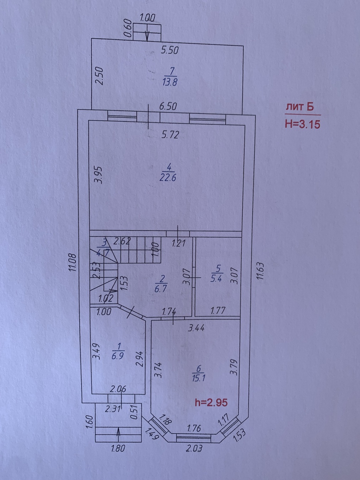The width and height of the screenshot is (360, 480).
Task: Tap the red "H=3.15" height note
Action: pos(303,124)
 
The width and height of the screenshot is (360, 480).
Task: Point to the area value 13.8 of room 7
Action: pos(170,82)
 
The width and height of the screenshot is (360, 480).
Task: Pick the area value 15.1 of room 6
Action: pos(198,378)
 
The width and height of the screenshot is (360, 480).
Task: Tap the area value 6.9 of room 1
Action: pos(118,356)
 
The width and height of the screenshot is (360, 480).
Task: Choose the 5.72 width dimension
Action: pos(170,135)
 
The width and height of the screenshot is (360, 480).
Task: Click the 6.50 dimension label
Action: pos(168,107)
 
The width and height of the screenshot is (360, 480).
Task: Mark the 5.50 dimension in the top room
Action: pos(170,50)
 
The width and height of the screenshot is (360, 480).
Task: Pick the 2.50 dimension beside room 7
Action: pos(100,76)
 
